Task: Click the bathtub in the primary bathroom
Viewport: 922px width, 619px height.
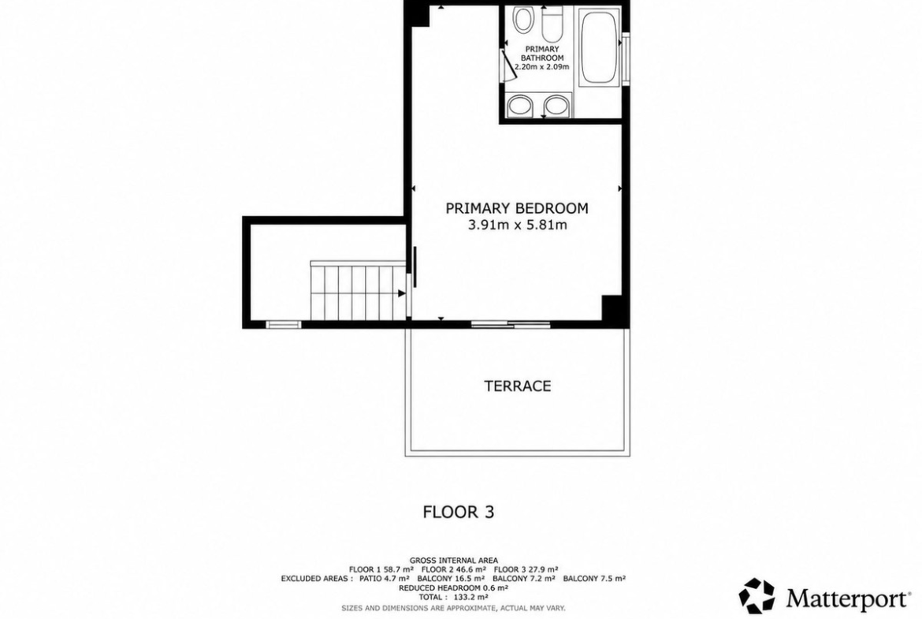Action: tap(599, 47)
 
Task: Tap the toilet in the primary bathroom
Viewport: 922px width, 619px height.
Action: tap(552, 22)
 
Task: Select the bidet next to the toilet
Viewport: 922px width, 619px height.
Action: tap(522, 20)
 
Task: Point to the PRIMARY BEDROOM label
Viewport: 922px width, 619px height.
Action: tap(517, 208)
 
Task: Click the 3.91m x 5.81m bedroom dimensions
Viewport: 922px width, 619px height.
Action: tap(518, 225)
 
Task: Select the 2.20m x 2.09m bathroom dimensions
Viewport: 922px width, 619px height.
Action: tap(542, 67)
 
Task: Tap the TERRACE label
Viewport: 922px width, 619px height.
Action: tap(518, 386)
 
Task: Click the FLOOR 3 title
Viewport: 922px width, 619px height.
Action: tap(459, 512)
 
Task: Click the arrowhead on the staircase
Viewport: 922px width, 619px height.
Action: tap(402, 293)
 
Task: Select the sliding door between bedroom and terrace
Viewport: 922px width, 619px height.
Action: tap(511, 323)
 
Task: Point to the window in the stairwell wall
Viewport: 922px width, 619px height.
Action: tap(284, 324)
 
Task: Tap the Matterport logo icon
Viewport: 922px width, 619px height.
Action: tap(757, 595)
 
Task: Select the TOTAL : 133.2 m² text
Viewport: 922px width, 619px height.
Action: tap(453, 596)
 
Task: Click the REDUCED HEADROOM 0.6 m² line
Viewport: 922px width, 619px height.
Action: tap(453, 587)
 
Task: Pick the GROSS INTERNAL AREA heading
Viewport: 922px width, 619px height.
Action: tap(453, 560)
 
